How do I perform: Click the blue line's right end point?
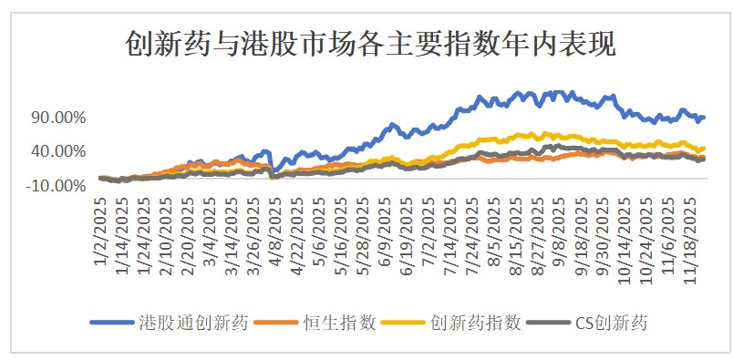tap(704, 117)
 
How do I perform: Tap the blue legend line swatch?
tap(113, 324)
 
